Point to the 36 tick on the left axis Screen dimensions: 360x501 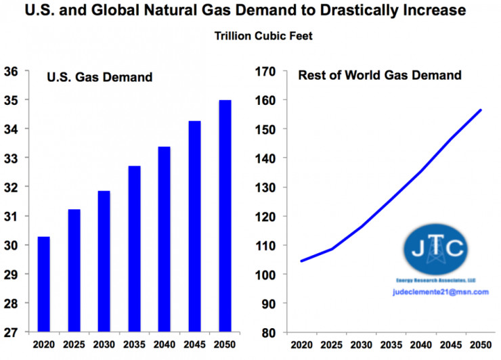click(12, 71)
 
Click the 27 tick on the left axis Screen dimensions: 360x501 click(12, 332)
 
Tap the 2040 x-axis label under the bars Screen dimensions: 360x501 click(165, 345)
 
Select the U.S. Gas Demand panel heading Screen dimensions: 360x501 click(99, 78)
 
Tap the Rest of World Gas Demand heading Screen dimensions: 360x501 click(380, 75)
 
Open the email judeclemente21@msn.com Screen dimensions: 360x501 click(439, 292)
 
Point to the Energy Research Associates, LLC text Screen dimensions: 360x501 click(437, 280)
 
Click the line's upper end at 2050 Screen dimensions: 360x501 click(480, 110)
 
